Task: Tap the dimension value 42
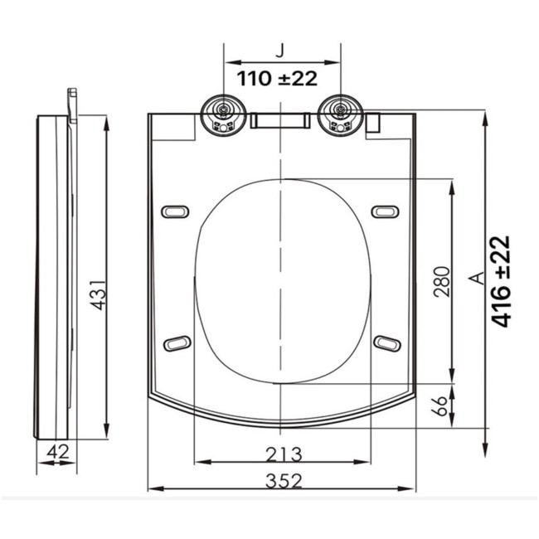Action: (56, 452)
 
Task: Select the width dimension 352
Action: (284, 479)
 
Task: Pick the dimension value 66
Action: (440, 406)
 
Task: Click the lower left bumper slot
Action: (177, 342)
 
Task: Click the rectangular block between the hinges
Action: (281, 121)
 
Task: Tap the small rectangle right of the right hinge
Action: (373, 122)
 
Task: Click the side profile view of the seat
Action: (55, 274)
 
